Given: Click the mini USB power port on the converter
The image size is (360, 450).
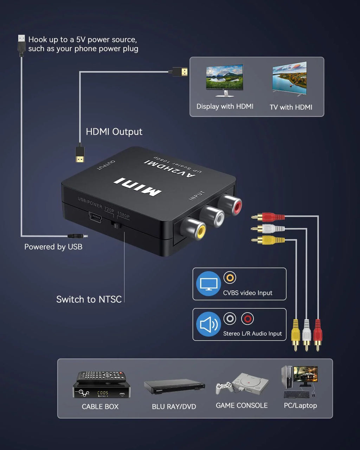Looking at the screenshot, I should coord(95,217).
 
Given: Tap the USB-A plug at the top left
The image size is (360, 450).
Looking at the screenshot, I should coord(21,44).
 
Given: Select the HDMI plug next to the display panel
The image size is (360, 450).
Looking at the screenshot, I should coord(180,72).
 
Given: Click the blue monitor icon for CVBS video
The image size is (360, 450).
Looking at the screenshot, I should coord(208,284).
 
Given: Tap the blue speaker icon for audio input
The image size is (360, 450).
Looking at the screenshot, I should coord(208,324).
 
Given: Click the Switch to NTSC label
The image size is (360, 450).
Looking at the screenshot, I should coord(89,299).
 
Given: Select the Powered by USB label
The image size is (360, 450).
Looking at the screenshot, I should coord(53,247).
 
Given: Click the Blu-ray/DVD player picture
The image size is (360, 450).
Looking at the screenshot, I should coord(174,386).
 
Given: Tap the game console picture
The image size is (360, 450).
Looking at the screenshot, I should coord(243,384).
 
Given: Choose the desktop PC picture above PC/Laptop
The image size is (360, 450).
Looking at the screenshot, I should coord(300,382).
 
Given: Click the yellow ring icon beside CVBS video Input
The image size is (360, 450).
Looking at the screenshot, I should coord(230,278).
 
